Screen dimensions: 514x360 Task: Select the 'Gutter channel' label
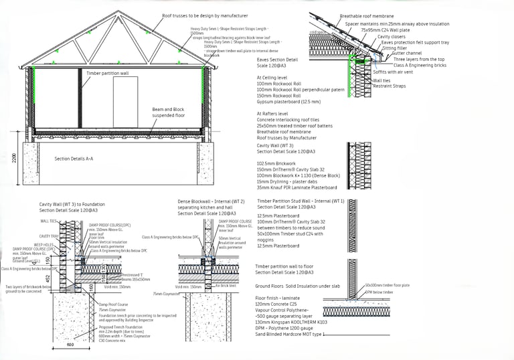tap(406, 53)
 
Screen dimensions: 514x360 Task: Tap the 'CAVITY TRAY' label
tap(49, 236)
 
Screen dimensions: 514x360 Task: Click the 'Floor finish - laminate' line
tap(280, 297)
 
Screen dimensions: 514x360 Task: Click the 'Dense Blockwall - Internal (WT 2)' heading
tap(211, 201)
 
